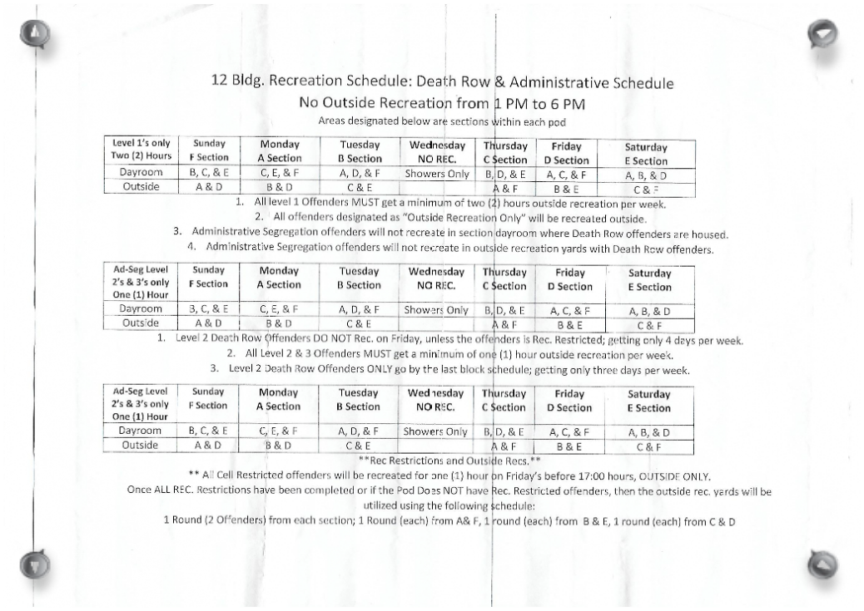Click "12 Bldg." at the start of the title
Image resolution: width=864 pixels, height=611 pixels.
(236, 82)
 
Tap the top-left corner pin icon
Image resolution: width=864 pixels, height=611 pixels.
(36, 34)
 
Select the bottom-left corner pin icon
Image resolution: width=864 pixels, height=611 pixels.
(33, 566)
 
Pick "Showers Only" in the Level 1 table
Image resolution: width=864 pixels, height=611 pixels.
(436, 175)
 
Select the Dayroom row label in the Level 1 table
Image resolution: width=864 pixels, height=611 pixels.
(141, 174)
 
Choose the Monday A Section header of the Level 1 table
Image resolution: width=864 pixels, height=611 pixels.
(278, 151)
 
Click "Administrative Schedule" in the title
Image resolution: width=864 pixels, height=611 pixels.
(591, 82)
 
